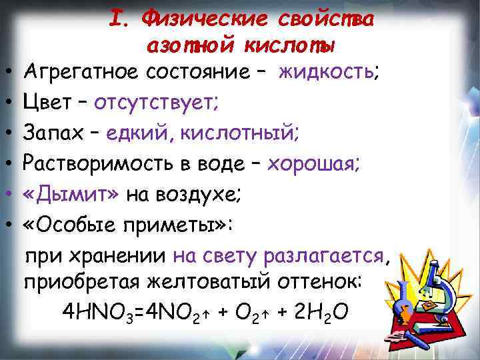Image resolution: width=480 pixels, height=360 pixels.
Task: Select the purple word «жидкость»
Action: point(327,71)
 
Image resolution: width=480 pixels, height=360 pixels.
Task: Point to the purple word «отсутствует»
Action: point(156,103)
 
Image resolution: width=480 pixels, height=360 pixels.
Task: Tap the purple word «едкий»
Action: point(141,134)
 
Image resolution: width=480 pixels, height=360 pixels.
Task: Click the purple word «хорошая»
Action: point(314,165)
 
